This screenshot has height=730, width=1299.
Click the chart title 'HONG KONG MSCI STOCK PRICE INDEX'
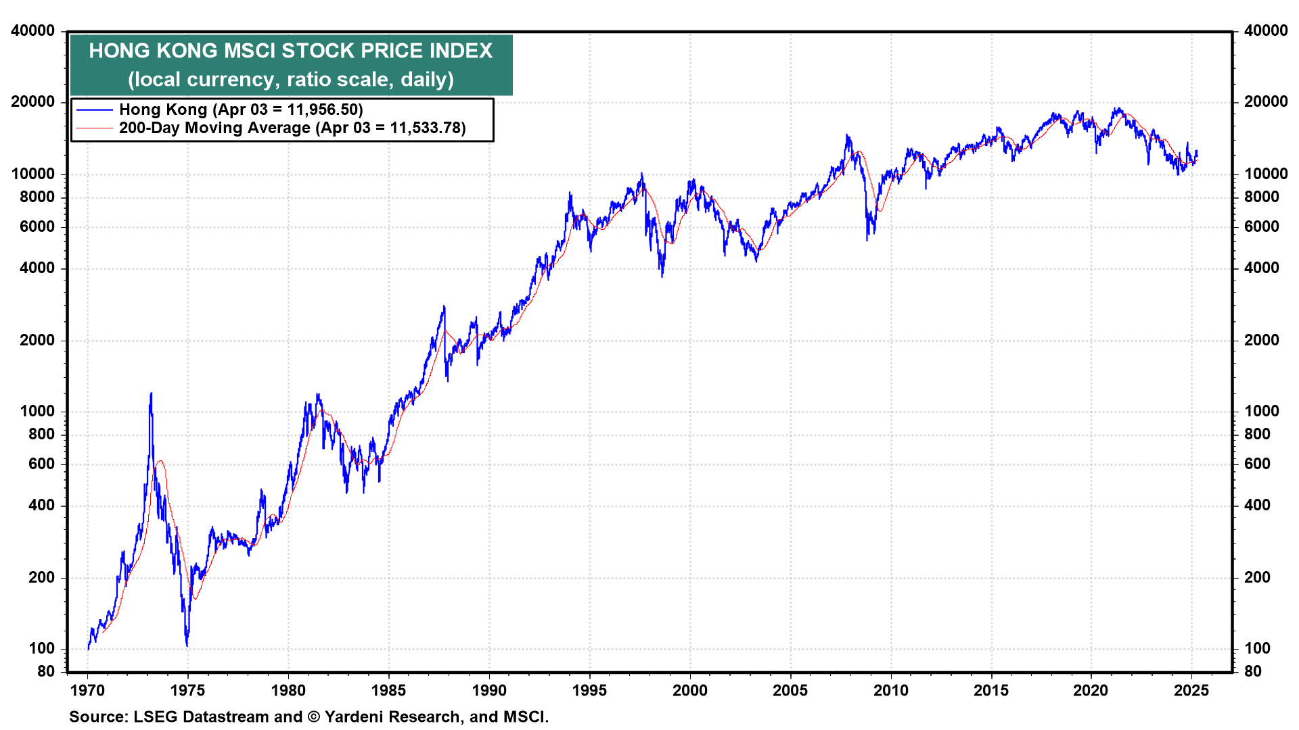(x=291, y=51)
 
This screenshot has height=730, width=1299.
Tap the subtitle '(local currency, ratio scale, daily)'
(x=291, y=80)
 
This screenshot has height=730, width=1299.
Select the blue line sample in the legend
(x=94, y=110)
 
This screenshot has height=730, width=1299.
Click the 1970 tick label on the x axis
(x=87, y=691)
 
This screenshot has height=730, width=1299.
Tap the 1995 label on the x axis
(x=589, y=691)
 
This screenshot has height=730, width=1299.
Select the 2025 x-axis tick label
(x=1191, y=691)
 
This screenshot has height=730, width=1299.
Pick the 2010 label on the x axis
(x=890, y=691)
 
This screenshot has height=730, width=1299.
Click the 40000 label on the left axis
(x=33, y=31)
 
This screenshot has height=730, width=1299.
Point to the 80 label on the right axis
(x=1253, y=672)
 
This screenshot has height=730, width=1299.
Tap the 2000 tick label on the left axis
(x=37, y=341)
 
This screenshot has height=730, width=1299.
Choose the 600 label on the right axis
(x=1257, y=464)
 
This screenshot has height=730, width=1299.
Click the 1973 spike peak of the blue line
(x=151, y=393)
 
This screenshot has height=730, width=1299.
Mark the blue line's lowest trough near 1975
(x=187, y=646)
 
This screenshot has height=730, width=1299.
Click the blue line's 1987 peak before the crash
(x=445, y=307)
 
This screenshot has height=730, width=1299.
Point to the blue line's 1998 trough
(x=662, y=276)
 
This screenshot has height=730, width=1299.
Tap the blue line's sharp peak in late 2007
(x=847, y=135)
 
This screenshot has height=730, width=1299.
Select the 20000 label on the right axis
(x=1266, y=102)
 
